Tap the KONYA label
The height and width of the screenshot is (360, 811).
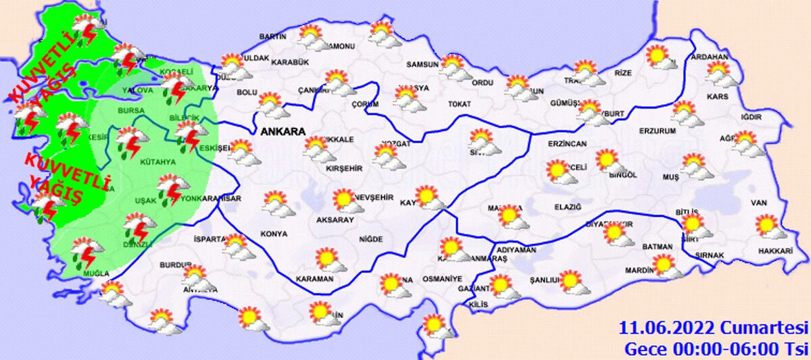coord(274,234)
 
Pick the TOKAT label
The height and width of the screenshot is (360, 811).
coord(459,104)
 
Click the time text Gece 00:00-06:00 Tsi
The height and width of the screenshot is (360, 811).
coord(716,349)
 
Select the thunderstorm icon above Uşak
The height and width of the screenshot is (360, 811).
coord(169,186)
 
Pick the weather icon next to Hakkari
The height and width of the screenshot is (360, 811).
coord(769,226)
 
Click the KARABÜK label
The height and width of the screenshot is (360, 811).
coord(290,62)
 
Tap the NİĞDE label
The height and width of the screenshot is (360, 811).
coord(371,239)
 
